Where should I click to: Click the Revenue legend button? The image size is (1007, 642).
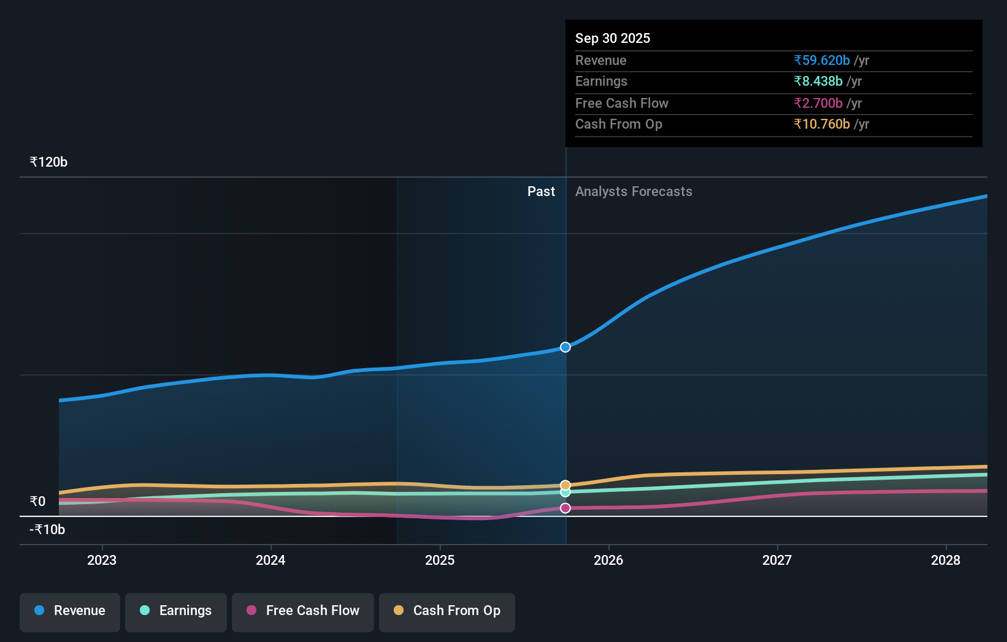(70, 611)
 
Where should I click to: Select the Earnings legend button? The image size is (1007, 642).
(176, 611)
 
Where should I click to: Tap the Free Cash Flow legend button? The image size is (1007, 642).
(303, 611)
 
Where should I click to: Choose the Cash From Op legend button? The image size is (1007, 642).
(447, 611)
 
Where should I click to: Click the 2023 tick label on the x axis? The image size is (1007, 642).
(102, 560)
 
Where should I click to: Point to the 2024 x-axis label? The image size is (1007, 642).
(270, 560)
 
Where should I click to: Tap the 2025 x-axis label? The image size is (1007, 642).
(440, 560)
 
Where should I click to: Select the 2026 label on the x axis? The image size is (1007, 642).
(608, 560)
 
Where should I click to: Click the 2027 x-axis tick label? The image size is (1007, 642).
(777, 560)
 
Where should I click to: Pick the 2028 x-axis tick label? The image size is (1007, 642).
(946, 560)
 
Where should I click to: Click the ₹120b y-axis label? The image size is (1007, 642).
(48, 162)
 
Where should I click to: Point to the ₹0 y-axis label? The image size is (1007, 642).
(37, 502)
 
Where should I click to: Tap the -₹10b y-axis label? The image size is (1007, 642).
(47, 530)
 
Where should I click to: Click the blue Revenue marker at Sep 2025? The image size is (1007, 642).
(565, 347)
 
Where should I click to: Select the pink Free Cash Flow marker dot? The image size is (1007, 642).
(565, 508)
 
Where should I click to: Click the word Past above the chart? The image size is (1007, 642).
(541, 192)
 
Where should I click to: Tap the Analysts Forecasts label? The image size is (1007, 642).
(634, 192)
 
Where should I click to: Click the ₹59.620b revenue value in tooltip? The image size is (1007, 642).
(822, 61)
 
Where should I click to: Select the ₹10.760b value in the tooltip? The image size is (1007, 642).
(822, 124)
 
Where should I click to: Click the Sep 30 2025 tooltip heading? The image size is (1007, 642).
(613, 38)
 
